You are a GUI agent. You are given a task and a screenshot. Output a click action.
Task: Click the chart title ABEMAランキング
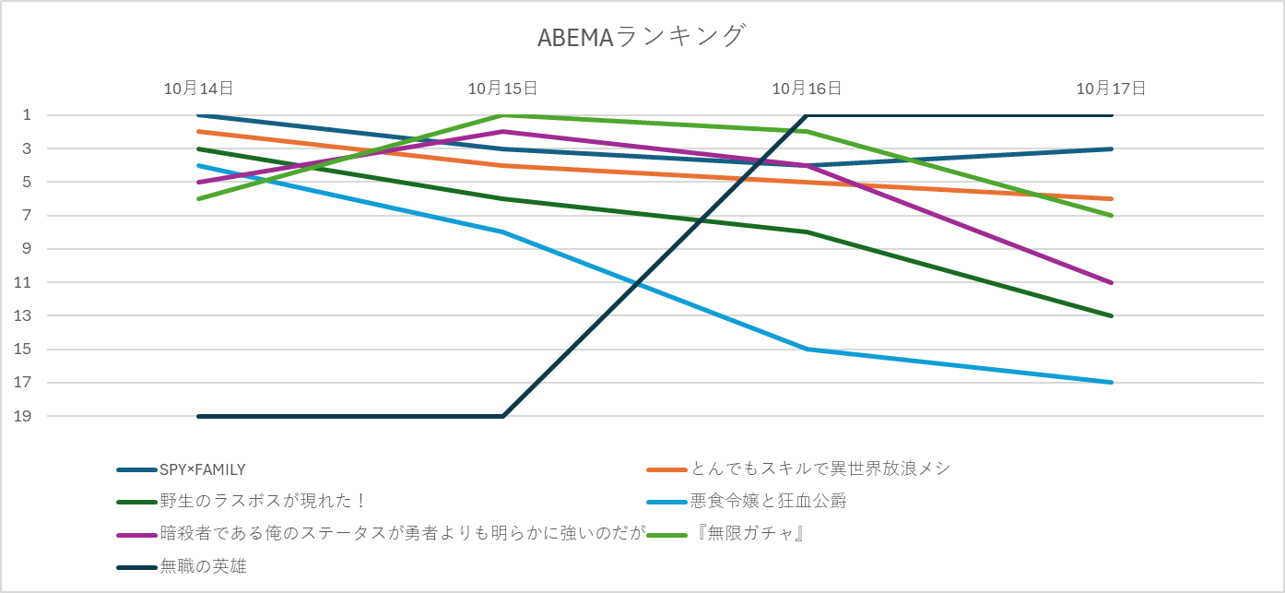click(642, 37)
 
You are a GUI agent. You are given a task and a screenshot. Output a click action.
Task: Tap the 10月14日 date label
click(198, 89)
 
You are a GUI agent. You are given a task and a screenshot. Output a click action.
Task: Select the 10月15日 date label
click(502, 89)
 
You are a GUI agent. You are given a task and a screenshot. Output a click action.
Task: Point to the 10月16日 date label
click(807, 89)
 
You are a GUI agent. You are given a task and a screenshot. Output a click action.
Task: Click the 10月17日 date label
click(1111, 89)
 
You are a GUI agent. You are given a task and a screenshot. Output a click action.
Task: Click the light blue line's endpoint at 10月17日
click(1112, 383)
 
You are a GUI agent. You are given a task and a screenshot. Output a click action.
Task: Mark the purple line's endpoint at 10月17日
click(1112, 282)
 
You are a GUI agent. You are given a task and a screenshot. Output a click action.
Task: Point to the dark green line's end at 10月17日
click(1112, 315)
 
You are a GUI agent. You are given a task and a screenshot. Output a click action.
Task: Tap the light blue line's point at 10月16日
click(808, 349)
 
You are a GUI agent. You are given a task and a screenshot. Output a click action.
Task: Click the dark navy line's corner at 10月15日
click(503, 416)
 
